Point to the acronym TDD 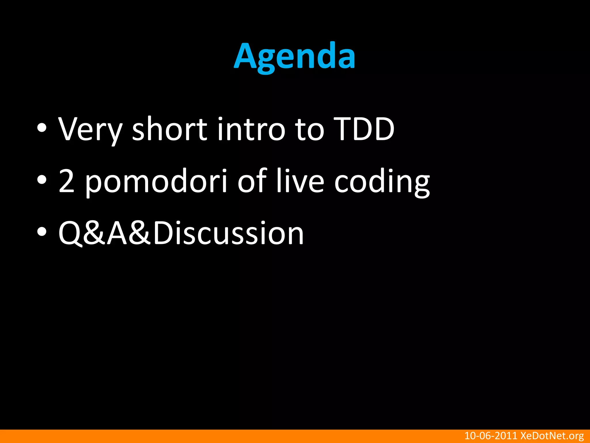365,129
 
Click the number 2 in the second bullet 67,181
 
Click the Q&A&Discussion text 181,233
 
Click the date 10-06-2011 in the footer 491,436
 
